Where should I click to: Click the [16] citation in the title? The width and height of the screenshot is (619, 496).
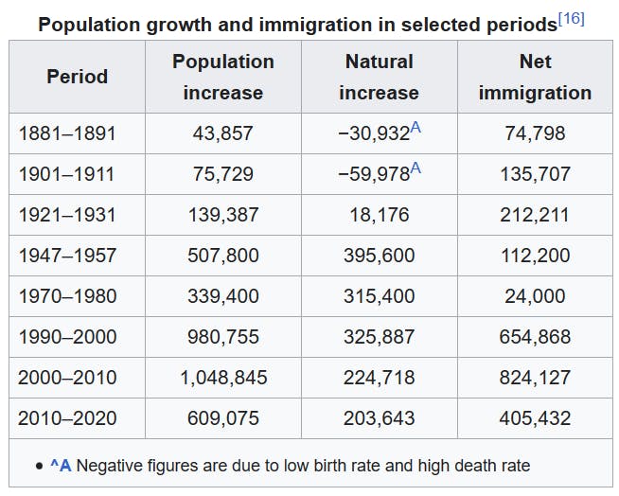point(571,19)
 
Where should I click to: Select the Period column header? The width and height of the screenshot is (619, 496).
point(78,77)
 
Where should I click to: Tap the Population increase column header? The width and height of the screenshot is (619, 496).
point(223,77)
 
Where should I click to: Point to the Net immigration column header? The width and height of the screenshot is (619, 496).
point(535,77)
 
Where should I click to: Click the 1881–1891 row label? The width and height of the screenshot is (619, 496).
point(67,133)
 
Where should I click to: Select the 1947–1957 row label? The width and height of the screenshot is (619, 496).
point(67,256)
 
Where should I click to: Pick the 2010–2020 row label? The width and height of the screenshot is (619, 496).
point(67,417)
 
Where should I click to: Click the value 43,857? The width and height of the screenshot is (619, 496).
point(223,133)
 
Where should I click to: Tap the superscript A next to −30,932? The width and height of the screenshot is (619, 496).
point(416,128)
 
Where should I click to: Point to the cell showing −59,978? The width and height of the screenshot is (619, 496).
point(373,174)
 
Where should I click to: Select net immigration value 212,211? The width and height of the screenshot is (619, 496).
point(535,215)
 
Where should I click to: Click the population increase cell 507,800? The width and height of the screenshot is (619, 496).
point(223,256)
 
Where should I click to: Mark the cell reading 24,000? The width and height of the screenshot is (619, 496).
point(535,296)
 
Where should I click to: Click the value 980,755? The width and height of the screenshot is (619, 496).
point(223,337)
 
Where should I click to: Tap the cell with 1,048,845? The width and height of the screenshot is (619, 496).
point(223,378)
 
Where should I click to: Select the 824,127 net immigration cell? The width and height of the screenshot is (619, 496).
point(535,378)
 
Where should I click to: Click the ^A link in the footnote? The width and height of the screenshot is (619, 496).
point(61,465)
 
